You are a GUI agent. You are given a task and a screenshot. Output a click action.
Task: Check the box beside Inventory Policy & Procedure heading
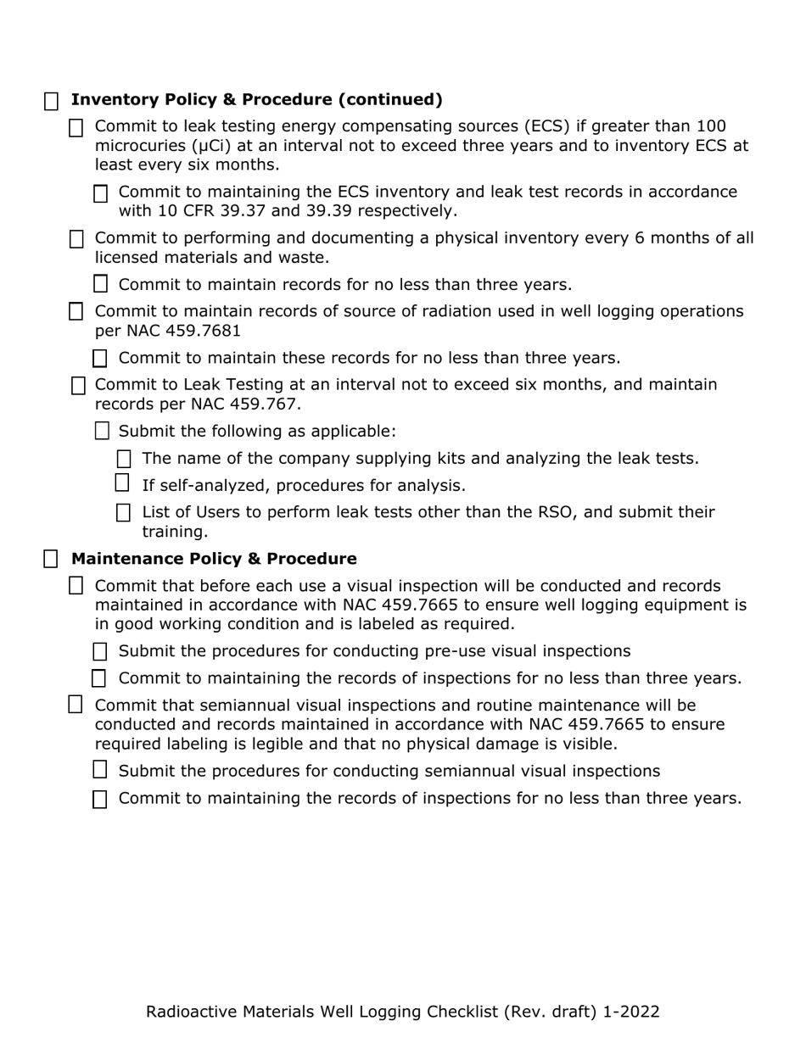coord(52,102)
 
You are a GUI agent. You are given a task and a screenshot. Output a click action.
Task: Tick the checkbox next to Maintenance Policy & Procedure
coord(52,559)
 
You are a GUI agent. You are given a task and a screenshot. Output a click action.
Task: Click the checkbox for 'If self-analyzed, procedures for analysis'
coord(122,483)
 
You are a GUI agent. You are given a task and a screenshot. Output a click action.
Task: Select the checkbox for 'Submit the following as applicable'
coord(102,431)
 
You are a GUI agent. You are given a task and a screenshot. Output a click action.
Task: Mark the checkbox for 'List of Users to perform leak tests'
coord(124,513)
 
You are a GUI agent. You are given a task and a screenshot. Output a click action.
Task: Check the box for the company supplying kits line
coord(124,460)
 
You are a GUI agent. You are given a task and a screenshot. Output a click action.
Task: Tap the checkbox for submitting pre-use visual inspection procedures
coord(100,651)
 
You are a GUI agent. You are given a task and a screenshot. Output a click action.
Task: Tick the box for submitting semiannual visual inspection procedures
coord(100,770)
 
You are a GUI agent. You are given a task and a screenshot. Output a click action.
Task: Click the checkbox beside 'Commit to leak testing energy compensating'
coord(76,128)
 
